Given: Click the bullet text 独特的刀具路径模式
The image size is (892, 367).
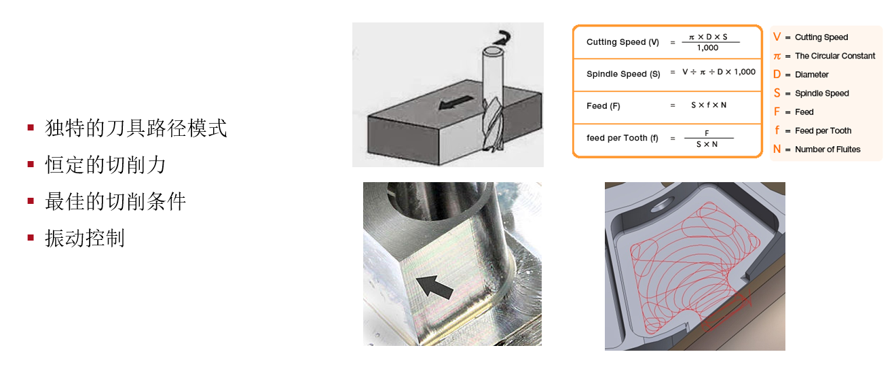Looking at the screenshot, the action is coord(136,128).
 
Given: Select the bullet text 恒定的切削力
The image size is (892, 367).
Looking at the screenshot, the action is coord(105,165).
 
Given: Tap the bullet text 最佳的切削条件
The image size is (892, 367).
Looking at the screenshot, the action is coord(115,202).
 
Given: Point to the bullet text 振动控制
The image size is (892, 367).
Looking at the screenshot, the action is coord(85,239).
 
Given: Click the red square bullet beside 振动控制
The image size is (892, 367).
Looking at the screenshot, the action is coord(31,238).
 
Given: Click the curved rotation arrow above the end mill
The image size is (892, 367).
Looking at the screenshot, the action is coord(502,38).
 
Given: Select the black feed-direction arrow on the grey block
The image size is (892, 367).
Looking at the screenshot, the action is coord(456,102).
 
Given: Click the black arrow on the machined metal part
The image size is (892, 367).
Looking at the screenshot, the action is coord(434,287).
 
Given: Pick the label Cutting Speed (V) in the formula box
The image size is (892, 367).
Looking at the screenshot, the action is coord(622,42).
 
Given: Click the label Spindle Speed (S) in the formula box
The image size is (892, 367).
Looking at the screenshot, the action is coord(623,73).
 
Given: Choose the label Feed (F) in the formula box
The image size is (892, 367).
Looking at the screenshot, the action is coord(603,105).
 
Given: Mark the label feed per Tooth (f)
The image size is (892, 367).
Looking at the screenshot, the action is coord(622,138).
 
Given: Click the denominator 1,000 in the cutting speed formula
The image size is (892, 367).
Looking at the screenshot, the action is coord(707,48).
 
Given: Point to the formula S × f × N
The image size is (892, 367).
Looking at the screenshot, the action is coord(709,105).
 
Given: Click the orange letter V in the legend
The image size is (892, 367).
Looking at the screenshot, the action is coord(777,37).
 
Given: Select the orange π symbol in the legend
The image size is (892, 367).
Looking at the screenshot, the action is coord(777,56).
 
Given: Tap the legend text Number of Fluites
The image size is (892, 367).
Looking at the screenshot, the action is coord(828,149).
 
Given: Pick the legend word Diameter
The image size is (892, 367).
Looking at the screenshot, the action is coord(812,75).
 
